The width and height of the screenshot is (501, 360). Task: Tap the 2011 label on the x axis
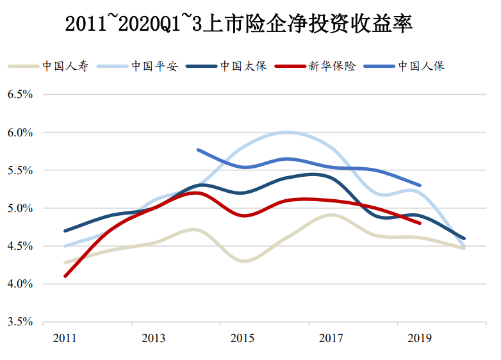click(65, 338)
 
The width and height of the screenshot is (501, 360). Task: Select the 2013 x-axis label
click(154, 338)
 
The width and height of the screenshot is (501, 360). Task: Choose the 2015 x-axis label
click(242, 338)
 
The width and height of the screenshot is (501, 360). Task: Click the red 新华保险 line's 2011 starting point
click(65, 276)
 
